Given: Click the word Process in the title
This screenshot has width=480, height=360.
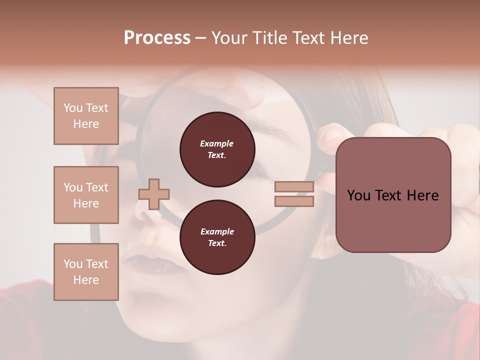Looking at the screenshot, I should [157, 38].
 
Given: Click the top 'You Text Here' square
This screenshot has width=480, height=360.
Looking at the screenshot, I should [86, 116].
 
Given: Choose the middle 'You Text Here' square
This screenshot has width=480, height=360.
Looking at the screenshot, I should [86, 195].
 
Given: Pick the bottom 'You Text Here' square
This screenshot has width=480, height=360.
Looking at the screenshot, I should [86, 272].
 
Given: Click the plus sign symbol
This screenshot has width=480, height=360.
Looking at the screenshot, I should [154, 194].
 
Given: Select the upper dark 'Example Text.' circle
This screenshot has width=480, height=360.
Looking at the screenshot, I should [217, 149].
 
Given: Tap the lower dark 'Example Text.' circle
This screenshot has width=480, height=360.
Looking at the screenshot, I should [217, 237].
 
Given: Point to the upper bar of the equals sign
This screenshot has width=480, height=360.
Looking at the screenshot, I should [294, 187].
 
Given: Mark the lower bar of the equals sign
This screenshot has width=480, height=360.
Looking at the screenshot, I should [294, 201].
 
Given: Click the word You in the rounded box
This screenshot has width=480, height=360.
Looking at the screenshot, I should [358, 195].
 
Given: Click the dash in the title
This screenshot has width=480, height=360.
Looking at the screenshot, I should [201, 38].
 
